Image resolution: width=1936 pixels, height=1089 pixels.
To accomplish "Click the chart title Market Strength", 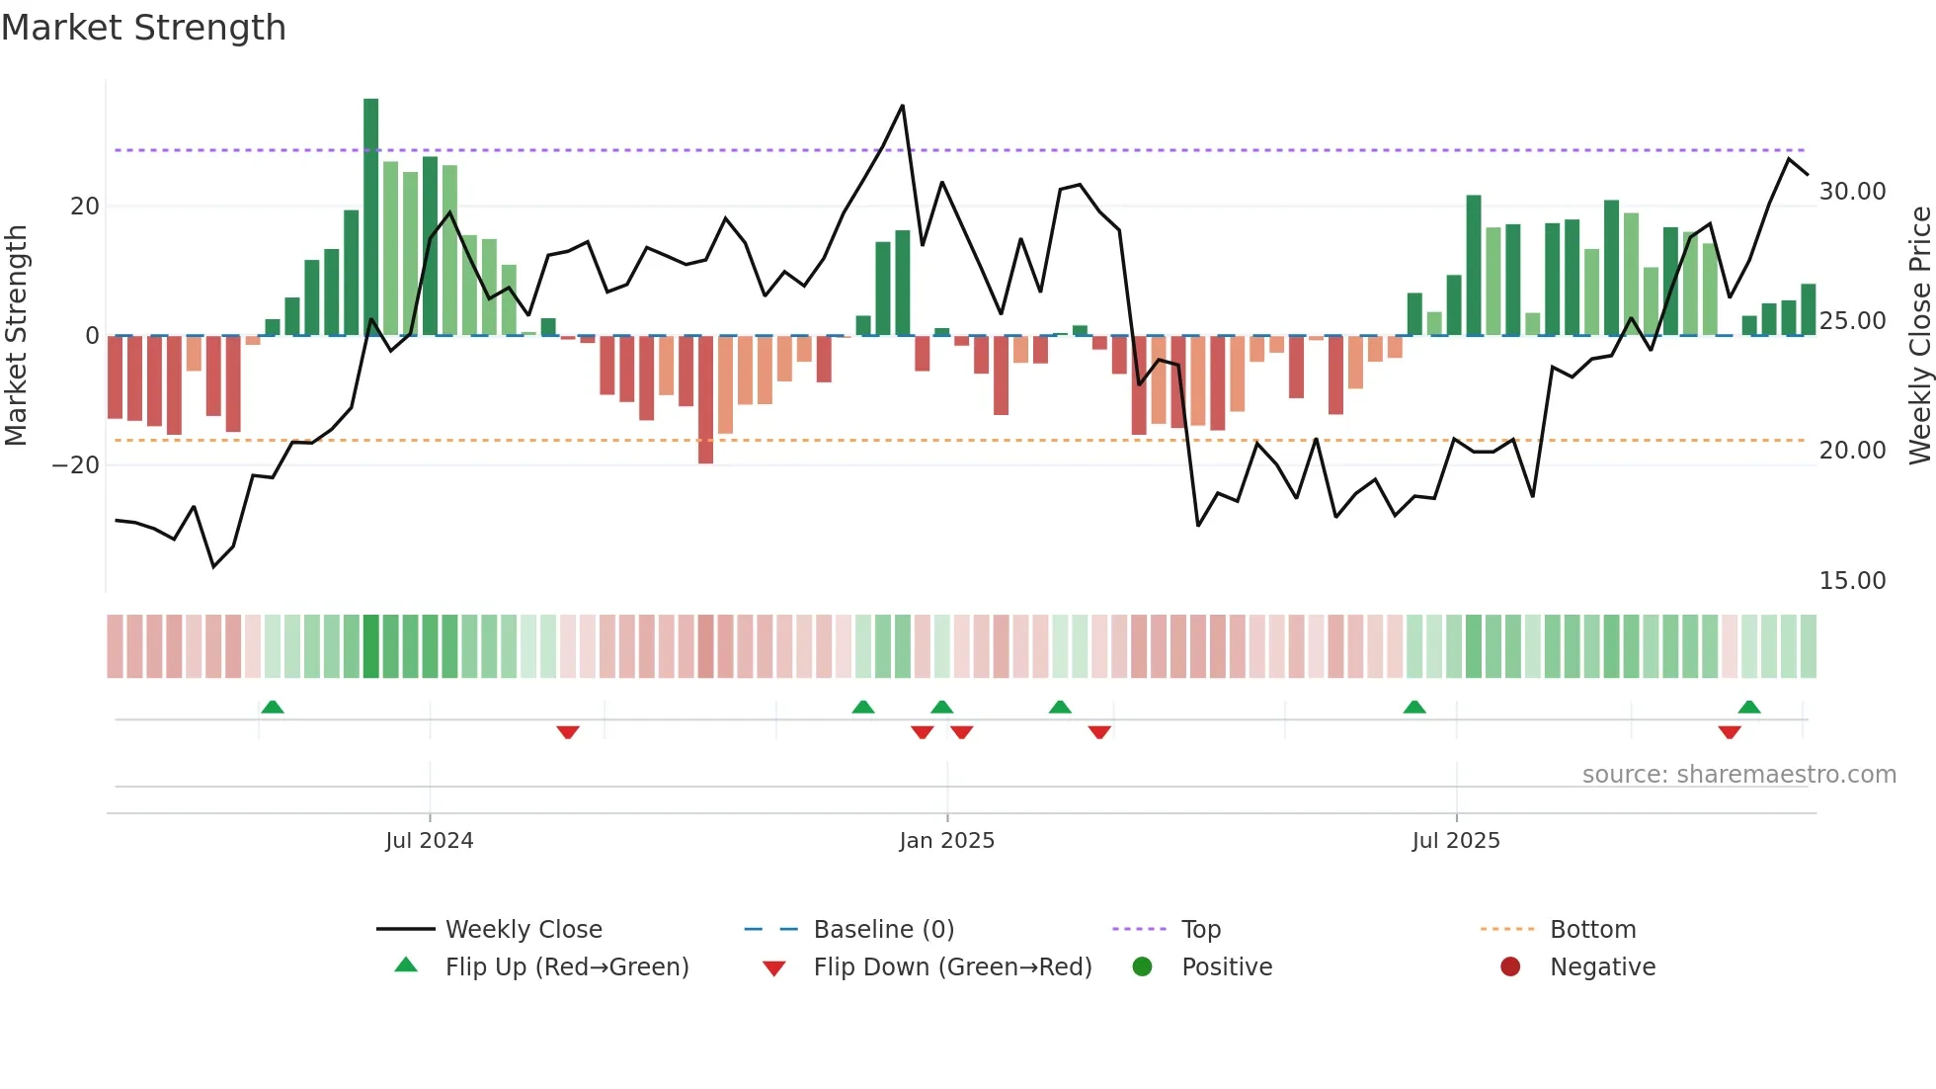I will point(143,28).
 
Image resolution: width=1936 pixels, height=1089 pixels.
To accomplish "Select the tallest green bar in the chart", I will point(370,217).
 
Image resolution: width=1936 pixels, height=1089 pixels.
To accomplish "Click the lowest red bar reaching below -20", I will point(705,400).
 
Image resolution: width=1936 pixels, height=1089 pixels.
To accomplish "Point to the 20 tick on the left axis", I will point(85,207).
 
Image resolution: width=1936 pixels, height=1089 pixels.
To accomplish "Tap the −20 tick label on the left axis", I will point(76,465).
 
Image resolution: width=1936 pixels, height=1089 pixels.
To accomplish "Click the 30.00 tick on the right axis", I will point(1852,192).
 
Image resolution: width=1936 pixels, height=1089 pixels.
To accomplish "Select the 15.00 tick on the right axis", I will point(1852,581).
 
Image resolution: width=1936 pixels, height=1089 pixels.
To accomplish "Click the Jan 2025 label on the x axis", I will point(946,841).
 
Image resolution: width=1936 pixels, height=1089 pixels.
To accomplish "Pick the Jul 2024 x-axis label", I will point(429,841).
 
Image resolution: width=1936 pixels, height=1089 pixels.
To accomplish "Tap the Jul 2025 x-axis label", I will point(1455,841).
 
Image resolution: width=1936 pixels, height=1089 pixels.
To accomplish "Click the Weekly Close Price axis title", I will point(1919,336).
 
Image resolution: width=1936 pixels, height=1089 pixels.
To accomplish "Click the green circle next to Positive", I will point(1142,967).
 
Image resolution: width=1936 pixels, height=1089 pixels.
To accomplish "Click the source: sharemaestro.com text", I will point(1738,775).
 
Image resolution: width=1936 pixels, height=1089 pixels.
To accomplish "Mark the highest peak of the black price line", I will point(902,106).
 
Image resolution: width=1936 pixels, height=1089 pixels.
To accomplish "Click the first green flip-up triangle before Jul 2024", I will point(273,707).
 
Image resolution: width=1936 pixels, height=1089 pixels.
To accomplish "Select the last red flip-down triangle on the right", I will point(1729,732).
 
